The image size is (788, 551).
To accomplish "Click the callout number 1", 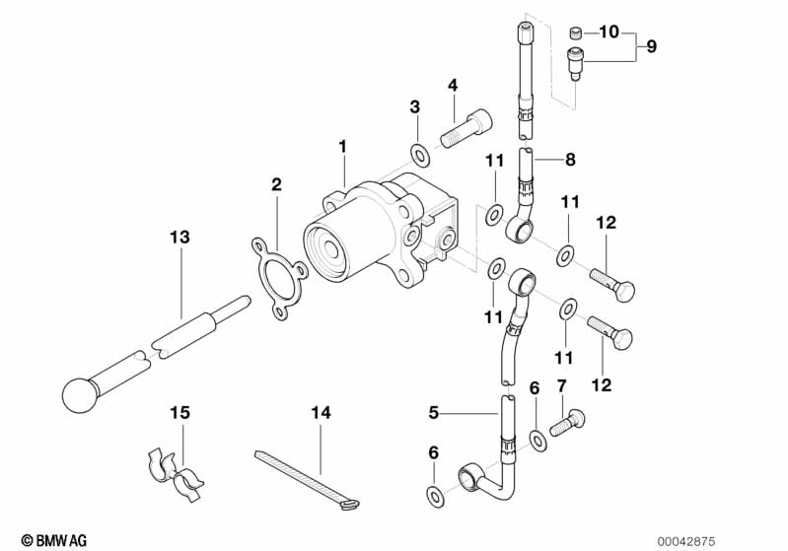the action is coord(343,147).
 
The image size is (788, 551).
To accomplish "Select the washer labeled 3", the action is coord(420,155).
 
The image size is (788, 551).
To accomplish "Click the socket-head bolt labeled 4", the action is coord(466,128).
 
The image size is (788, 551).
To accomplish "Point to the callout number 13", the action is coord(179,237).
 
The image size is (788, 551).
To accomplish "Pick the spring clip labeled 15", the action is coord(175,475).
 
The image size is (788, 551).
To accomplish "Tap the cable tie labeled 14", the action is coord(306,479).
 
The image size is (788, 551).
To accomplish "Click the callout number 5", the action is coord(434,413).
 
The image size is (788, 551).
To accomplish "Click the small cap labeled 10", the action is coord(576,34).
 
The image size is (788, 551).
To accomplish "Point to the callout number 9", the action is coord(651,46).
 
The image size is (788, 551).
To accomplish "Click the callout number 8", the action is coord(570,160).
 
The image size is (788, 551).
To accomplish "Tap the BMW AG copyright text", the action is coord(54,540).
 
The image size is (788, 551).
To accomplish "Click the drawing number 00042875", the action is coord(686,541).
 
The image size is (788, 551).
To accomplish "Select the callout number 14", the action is coord(322,413).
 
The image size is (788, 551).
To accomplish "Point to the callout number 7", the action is coord(562,385).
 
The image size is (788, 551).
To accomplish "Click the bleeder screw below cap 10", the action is coord(575,63).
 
